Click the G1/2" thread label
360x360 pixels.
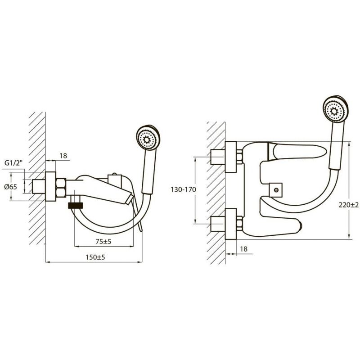point(14,163)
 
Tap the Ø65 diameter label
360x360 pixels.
point(10,187)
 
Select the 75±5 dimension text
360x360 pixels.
point(103,242)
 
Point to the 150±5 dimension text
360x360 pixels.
point(95,257)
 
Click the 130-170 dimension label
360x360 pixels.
point(184,189)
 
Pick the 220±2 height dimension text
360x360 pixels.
point(348,205)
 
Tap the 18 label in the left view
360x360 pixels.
point(63,156)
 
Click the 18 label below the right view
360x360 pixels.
point(243,249)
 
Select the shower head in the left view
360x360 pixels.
point(148,138)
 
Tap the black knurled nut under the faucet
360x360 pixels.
point(76,205)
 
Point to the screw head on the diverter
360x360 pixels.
point(276,189)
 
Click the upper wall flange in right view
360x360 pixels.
point(231,157)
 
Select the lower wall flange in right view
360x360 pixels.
point(231,224)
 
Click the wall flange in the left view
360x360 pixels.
point(50,186)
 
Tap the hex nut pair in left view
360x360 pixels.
point(61,187)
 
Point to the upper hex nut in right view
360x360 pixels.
point(239,157)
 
